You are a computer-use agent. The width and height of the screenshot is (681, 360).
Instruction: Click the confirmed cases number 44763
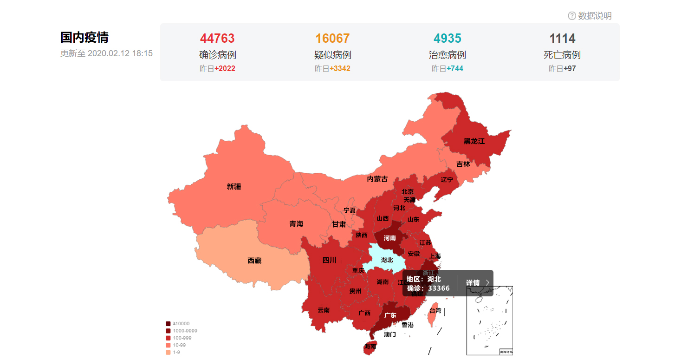point(217,38)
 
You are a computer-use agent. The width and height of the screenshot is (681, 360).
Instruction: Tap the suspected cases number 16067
point(332,38)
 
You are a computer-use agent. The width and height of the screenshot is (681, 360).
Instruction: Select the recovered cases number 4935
point(448,38)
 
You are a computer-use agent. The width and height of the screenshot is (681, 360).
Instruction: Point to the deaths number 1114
point(562,38)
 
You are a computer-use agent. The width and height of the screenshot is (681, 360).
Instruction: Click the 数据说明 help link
point(590,16)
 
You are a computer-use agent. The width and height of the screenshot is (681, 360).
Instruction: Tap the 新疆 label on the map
point(234,187)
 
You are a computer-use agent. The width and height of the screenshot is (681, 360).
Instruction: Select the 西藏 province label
point(254,261)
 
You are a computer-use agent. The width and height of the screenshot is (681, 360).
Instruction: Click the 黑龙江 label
point(474,141)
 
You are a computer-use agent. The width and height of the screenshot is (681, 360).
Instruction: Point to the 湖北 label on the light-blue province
point(387,260)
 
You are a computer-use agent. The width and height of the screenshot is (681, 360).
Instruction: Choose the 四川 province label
point(329,260)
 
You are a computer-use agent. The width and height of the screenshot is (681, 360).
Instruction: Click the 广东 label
point(390,315)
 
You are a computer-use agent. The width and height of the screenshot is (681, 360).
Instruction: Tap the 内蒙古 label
point(377,179)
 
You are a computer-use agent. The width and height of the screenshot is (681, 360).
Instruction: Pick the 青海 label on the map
point(296,224)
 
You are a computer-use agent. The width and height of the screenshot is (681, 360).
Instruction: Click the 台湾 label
point(435,311)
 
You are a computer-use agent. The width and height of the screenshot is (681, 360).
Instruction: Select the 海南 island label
point(370,346)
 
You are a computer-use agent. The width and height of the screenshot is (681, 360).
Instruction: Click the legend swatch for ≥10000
point(168,323)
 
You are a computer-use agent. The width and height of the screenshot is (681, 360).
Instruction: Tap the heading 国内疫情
point(84,38)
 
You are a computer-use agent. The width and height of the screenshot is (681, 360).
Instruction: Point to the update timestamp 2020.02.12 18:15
point(120,53)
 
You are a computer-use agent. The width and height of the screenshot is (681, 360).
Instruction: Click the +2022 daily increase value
point(225,69)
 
